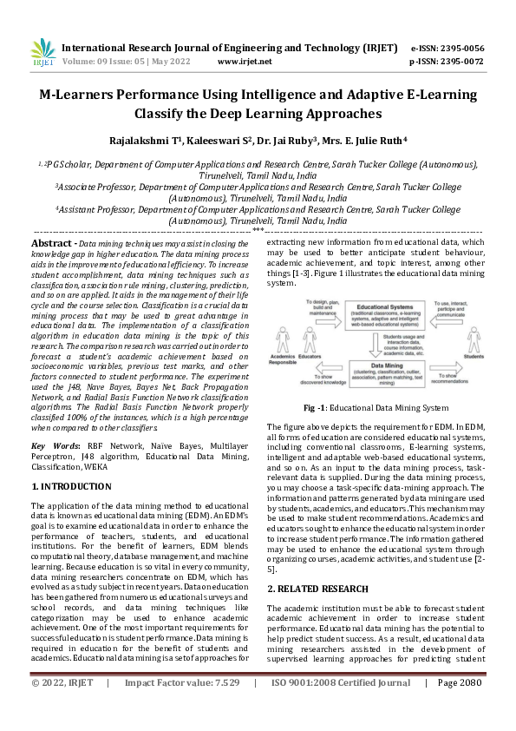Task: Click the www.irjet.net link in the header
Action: point(244,62)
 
